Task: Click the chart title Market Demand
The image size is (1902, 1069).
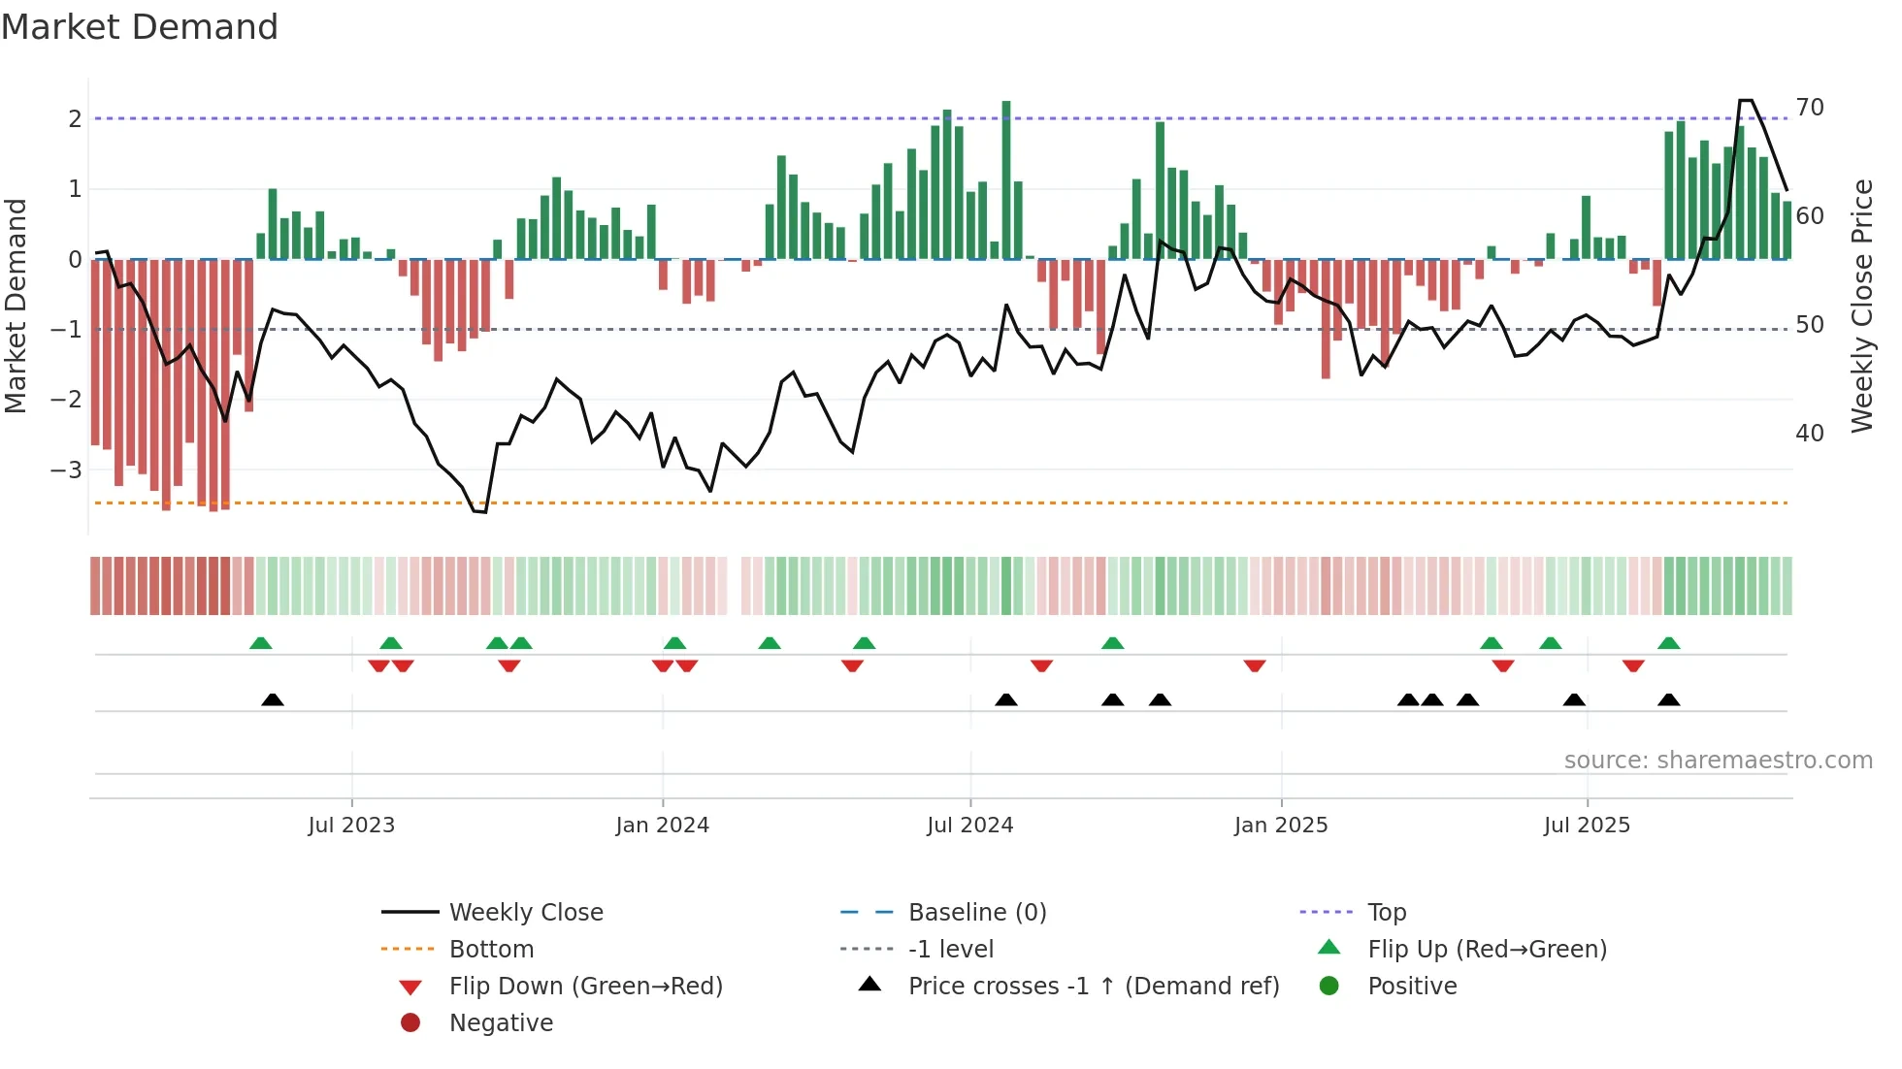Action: click(x=140, y=27)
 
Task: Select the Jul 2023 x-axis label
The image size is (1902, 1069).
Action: click(x=351, y=826)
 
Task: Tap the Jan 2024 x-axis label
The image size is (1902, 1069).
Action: click(x=662, y=826)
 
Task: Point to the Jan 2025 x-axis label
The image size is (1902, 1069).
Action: click(x=1280, y=826)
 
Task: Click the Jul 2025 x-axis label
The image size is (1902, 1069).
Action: click(x=1587, y=826)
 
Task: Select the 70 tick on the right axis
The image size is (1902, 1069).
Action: click(x=1810, y=108)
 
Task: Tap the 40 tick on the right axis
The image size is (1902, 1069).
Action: click(x=1810, y=434)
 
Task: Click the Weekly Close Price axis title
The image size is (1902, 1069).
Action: click(x=1861, y=306)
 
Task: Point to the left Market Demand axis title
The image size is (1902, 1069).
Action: click(x=16, y=306)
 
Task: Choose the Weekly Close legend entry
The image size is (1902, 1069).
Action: click(x=525, y=913)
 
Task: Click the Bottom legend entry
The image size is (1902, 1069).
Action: click(x=491, y=950)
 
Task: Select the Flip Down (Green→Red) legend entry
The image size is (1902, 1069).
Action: click(x=585, y=987)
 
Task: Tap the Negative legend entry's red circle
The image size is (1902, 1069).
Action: click(x=410, y=1023)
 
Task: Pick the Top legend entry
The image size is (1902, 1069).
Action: click(x=1387, y=913)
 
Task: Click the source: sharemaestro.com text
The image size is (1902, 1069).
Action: click(x=1718, y=761)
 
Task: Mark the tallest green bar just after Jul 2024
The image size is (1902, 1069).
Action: click(x=1006, y=179)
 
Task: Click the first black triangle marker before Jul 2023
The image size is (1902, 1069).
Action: click(x=273, y=700)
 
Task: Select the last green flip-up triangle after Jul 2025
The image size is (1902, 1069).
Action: click(x=1668, y=644)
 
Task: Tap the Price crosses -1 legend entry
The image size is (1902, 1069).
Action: click(x=1093, y=987)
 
